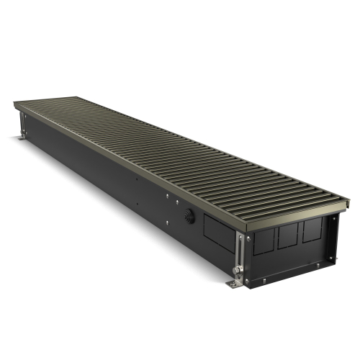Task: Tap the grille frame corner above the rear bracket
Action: click(16, 105)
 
